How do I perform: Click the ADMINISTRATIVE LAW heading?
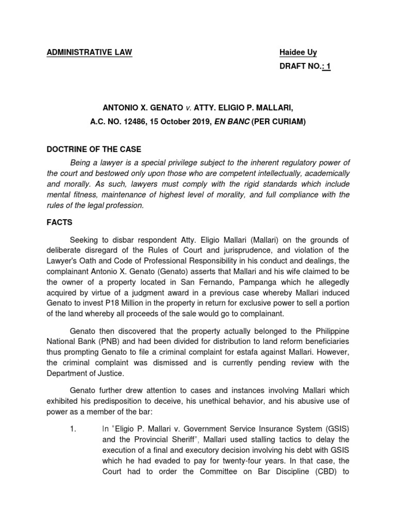pyautogui.click(x=89, y=53)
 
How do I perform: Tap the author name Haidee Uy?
pyautogui.click(x=298, y=53)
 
